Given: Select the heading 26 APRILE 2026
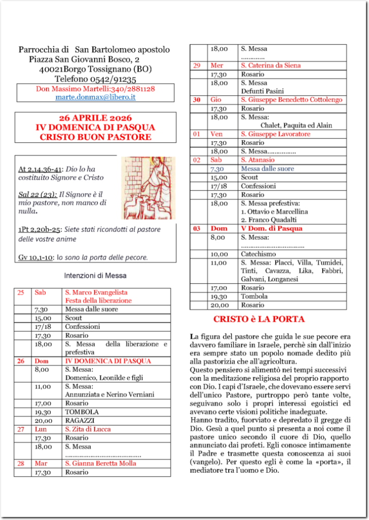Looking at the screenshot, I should (96, 118).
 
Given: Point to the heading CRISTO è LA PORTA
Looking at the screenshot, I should (259, 319).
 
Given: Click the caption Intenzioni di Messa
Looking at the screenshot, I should (95, 276).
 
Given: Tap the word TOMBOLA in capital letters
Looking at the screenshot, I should (82, 412).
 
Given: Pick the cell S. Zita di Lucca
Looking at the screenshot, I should (88, 429).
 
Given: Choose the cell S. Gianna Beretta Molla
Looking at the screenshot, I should (101, 463).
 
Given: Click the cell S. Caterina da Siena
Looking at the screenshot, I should (270, 66).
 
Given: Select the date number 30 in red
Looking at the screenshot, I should (197, 100).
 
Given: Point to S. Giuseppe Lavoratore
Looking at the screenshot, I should (275, 134).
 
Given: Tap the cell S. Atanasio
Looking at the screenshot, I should (258, 160).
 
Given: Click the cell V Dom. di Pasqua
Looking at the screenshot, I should (271, 229).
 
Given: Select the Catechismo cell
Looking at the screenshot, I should (258, 253).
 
